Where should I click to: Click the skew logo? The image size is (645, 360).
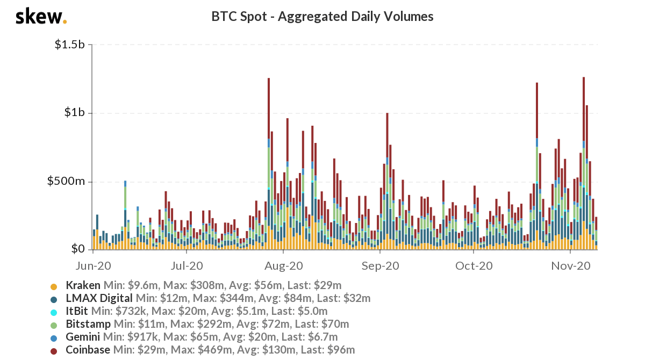41,17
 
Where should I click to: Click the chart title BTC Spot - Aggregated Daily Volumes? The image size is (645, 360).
322,17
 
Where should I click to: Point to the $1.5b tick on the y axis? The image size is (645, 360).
70,45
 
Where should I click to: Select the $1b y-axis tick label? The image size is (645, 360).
75,113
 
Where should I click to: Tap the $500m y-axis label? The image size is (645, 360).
67,181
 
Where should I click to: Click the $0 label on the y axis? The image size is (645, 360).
79,249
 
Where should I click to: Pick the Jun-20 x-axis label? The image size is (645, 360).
94,265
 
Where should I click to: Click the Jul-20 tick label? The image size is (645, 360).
187,265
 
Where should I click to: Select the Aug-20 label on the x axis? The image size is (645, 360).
285,265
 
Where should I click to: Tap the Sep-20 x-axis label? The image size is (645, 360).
379,265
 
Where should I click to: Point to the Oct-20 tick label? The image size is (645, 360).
474,265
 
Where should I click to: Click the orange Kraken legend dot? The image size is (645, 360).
54,286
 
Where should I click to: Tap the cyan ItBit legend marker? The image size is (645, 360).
54,312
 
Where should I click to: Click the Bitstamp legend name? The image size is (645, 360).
88,324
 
